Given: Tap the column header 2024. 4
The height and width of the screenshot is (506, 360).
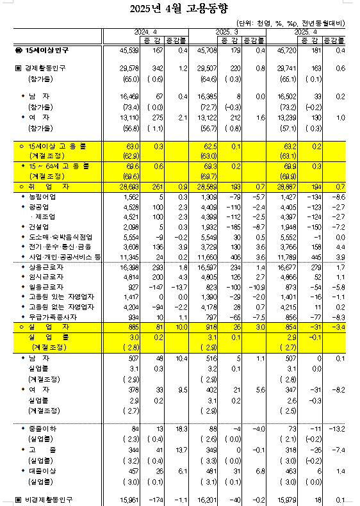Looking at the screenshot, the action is [x=145, y=31].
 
